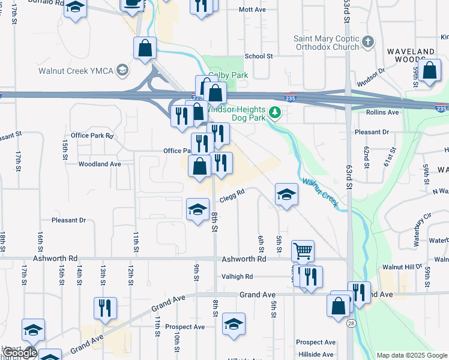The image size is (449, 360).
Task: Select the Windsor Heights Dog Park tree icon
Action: click(276, 112)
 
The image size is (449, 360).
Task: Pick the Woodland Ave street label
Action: click(100, 163)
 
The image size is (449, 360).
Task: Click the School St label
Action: click(259, 56)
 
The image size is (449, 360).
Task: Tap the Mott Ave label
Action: click(252, 10)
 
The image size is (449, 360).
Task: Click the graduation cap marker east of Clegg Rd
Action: click(286, 194)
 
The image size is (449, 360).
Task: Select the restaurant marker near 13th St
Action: click(105, 307)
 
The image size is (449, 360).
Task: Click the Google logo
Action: click(20, 353)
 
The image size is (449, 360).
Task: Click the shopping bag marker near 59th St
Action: click(430, 70)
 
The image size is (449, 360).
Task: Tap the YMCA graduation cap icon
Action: click(122, 70)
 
